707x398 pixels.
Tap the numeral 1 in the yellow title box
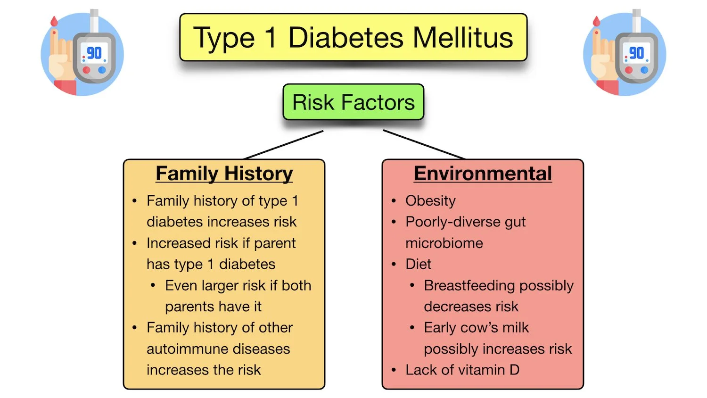click(271, 38)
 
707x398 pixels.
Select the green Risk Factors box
click(353, 102)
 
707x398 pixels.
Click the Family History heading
click(224, 174)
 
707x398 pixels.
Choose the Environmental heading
click(483, 174)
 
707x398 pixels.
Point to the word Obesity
click(430, 201)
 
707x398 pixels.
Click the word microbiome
click(444, 243)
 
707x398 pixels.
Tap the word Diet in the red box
click(418, 264)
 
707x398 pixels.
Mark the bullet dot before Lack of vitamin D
click(394, 370)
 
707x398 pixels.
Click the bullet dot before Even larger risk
click(153, 286)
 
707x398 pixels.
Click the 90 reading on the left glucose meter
click(94, 53)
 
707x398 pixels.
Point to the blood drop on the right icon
click(597, 21)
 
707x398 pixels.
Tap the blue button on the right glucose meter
click(644, 70)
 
